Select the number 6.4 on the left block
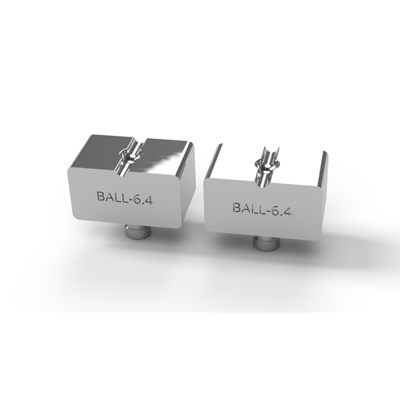[x=143, y=200]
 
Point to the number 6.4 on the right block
[x=281, y=212]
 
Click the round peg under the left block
[x=138, y=232]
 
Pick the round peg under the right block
[x=266, y=243]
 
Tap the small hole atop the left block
[x=130, y=161]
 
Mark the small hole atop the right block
[x=267, y=167]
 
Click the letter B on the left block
[x=101, y=196]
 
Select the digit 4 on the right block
[x=287, y=212]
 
